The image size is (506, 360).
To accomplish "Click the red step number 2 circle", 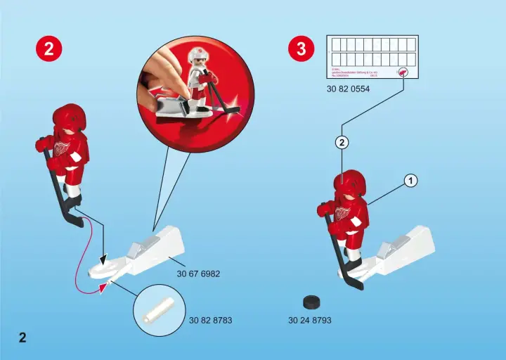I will [x=48, y=49].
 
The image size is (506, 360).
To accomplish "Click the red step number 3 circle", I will [x=301, y=49].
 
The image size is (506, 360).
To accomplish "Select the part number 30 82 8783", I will [x=210, y=320].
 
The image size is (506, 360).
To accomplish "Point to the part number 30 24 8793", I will [x=309, y=320].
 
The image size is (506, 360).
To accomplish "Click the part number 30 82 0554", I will [x=348, y=89].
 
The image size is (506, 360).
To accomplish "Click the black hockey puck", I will [x=311, y=302].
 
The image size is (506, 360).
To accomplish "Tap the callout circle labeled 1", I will [x=410, y=181].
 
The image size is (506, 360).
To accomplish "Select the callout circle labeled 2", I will [x=342, y=143].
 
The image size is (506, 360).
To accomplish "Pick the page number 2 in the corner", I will [x=22, y=337].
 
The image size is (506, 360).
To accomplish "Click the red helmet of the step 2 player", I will [x=69, y=117].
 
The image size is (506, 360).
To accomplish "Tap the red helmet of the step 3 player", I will [x=349, y=183].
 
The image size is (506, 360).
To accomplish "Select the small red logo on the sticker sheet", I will [x=403, y=71].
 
